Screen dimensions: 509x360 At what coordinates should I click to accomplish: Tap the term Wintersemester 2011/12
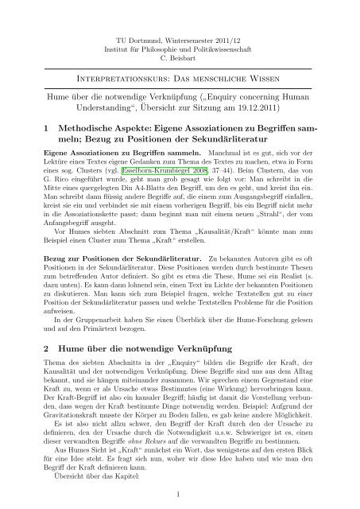coord(207,17)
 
